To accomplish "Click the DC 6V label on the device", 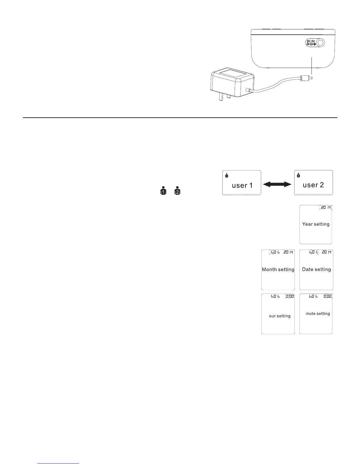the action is point(311,41).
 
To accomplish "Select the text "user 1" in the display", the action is point(242,186).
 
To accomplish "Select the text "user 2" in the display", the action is point(313,185).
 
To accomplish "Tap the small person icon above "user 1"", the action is point(226,176).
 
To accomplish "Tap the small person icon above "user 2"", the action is point(298,176).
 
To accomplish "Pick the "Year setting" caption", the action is point(316,224).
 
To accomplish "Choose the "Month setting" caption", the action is point(278,269).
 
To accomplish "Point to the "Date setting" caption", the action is point(316,269).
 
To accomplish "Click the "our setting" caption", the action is point(279,316).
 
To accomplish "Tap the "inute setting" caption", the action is point(318,314).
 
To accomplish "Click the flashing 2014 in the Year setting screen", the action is point(326,208).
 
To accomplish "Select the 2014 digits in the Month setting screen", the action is point(288,252).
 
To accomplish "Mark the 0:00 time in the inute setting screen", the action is point(327,297).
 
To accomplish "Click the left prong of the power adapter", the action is point(220,97).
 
